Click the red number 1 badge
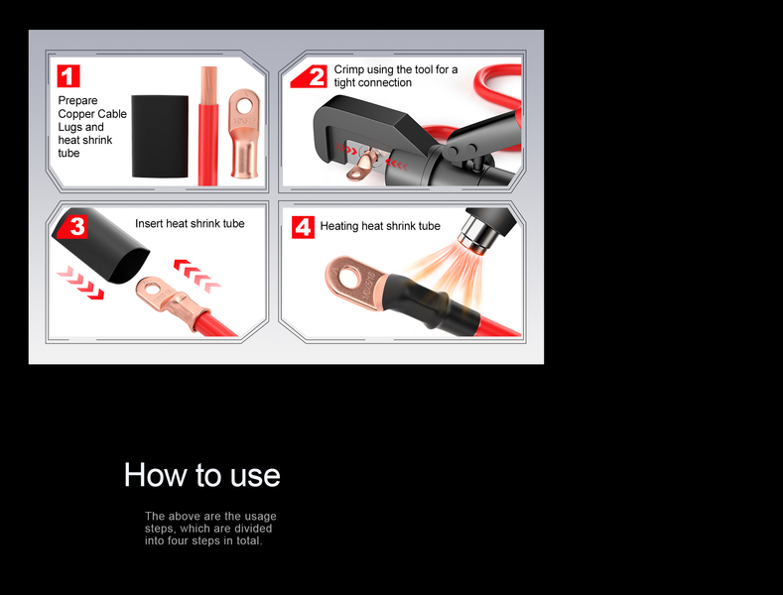68,76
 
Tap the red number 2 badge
310,76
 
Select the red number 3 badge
73,227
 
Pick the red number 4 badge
303,227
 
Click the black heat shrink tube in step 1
160,136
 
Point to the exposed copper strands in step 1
208,85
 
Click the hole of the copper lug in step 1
245,105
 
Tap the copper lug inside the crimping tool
364,165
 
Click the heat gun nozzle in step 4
474,236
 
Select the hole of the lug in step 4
349,277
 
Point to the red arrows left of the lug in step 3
80,283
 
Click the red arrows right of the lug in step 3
197,276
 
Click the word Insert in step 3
149,223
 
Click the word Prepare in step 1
77,101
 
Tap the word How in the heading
155,474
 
